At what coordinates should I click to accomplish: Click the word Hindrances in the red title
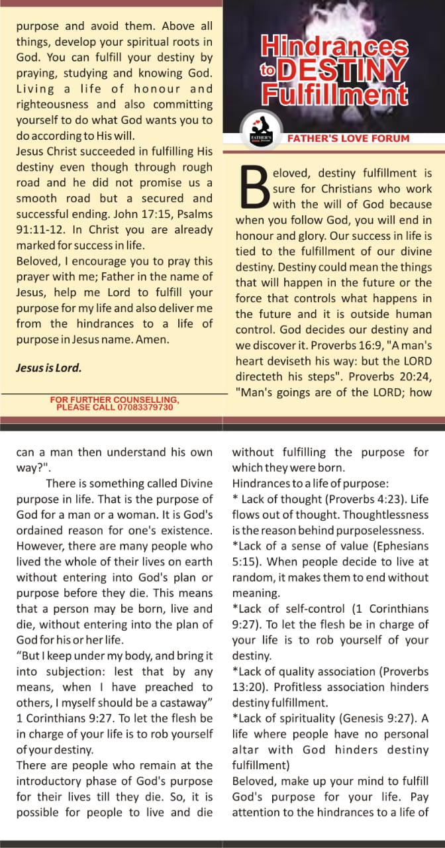pyautogui.click(x=334, y=46)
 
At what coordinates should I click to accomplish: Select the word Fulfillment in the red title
pyautogui.click(x=334, y=95)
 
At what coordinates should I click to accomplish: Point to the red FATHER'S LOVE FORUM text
pyautogui.click(x=348, y=138)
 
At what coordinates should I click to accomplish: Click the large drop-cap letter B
pyautogui.click(x=252, y=189)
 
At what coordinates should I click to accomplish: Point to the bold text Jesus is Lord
pyautogui.click(x=49, y=368)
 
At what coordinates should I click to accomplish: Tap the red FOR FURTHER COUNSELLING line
pyautogui.click(x=115, y=399)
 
